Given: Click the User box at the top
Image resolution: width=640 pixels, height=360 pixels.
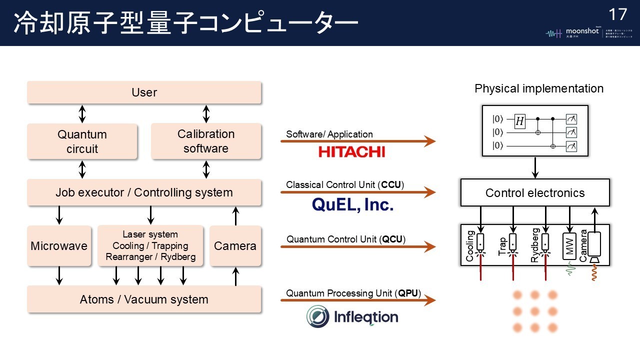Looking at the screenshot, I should tap(144, 92).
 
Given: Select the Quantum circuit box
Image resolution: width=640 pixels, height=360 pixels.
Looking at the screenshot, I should tap(82, 141).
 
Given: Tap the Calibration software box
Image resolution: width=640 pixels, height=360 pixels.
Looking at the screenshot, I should tap(206, 141).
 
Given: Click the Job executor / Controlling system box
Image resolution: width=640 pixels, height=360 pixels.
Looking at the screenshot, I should tap(144, 192).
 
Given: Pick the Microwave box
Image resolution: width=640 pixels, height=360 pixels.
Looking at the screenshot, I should tap(59, 246).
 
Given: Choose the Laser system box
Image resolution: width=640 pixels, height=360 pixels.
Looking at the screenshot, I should tap(150, 246).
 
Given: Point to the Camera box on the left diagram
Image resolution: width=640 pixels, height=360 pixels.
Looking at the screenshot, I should tap(235, 246).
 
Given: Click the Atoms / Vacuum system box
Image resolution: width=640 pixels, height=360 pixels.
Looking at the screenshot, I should tap(144, 299).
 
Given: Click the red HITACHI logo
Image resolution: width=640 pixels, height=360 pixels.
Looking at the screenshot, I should tap(351, 151).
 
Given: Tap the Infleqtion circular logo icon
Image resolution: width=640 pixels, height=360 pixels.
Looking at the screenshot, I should tap(318, 316).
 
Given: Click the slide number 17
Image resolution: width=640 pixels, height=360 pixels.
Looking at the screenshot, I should tap(618, 14).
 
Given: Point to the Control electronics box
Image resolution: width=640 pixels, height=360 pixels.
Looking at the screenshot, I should tap(535, 193).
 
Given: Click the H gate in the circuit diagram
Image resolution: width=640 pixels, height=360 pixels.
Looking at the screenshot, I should tap(520, 120).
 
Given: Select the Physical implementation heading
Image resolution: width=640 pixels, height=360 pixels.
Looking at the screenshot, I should tap(539, 89).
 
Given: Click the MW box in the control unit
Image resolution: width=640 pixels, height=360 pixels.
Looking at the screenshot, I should tap(569, 245).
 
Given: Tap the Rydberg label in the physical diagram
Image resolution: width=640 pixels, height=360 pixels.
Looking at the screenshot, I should tap(535, 245).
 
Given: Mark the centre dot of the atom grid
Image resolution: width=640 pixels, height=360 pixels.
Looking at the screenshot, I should tap(535, 311).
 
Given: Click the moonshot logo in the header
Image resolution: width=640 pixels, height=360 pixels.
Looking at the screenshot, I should tap(575, 33).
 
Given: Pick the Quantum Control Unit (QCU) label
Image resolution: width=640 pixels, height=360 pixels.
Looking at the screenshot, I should tap(345, 239).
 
